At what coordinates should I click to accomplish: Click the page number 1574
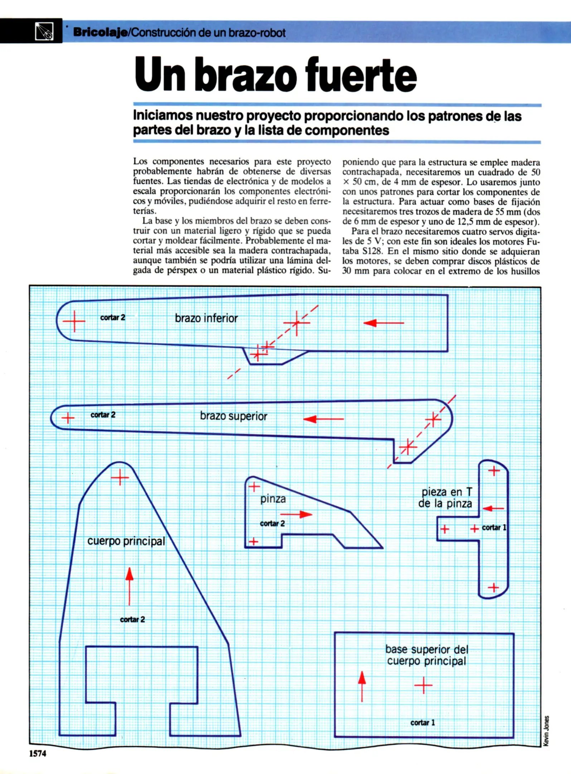click(38, 754)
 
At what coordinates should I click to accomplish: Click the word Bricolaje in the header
click(100, 33)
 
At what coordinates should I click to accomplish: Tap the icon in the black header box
click(44, 31)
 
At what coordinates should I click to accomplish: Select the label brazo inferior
click(206, 318)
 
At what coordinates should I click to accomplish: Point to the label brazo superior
click(233, 416)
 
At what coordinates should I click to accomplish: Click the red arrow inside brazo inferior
click(383, 323)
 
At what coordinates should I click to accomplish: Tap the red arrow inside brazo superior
click(323, 419)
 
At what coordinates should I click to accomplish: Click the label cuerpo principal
click(126, 541)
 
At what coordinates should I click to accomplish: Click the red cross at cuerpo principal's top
click(120, 477)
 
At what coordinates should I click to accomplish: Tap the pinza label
click(273, 499)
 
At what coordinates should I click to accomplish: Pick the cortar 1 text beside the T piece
click(494, 527)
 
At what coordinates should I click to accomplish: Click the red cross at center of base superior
click(423, 685)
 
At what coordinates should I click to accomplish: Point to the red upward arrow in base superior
click(362, 686)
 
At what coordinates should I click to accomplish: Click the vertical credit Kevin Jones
click(546, 731)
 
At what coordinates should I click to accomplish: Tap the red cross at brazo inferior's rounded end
click(74, 321)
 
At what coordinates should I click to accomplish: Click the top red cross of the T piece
click(494, 470)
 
